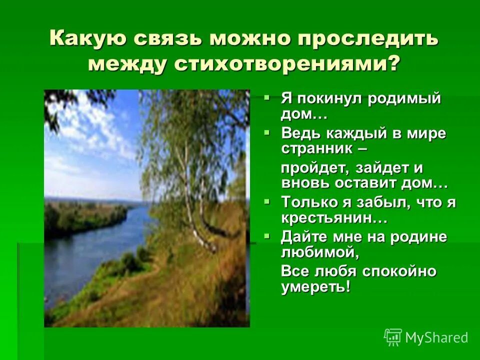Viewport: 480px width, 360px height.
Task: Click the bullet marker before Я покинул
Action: point(268,96)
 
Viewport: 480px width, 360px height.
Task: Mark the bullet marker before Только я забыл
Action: point(268,200)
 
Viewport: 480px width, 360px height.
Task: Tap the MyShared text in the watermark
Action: point(436,337)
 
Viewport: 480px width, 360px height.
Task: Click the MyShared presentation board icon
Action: point(393,337)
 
